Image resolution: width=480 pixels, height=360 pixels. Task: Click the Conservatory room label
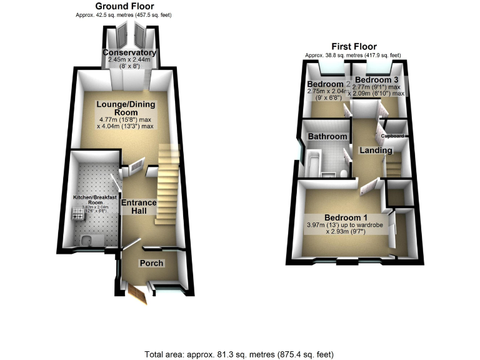point(129,52)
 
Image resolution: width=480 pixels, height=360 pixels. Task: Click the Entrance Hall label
point(137,207)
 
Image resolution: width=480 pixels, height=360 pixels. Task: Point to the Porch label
point(151,263)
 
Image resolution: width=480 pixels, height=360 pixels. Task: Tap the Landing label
point(376,151)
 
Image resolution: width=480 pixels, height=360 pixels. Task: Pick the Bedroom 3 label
point(376,80)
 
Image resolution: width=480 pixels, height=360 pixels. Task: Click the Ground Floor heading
point(125,6)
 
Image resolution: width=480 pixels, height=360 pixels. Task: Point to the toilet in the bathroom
point(344,171)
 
